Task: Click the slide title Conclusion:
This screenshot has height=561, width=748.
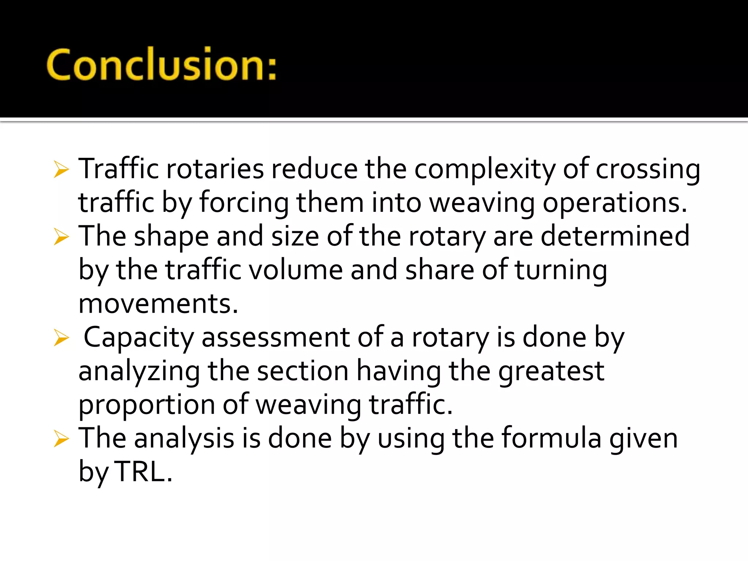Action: [161, 64]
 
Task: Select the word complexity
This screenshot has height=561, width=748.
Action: [485, 170]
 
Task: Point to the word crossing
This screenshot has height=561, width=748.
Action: [648, 170]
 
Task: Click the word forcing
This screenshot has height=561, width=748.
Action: [244, 203]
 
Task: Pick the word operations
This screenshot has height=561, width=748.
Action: [614, 203]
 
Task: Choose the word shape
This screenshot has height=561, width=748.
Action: [171, 237]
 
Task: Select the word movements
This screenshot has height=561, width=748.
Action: [158, 304]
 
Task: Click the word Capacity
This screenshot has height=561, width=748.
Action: [139, 338]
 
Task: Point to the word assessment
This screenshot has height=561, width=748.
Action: [276, 337]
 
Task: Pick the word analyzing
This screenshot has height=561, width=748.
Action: [139, 371]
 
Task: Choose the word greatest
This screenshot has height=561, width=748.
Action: [551, 371]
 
